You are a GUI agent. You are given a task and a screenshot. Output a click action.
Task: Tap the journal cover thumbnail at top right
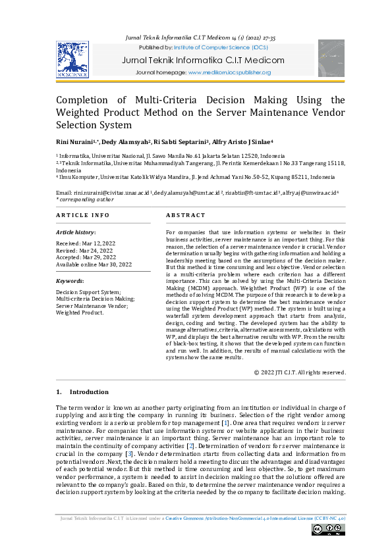tap(331, 59)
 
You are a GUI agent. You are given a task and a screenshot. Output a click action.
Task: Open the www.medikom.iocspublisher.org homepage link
tap(229, 72)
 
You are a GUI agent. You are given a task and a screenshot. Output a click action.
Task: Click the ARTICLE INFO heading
tap(83, 215)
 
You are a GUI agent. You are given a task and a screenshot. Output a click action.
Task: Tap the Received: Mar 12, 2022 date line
tap(85, 243)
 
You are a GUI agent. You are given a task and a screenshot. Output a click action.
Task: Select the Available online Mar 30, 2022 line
tap(94, 264)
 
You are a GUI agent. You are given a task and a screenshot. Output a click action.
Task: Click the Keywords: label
tap(72, 280)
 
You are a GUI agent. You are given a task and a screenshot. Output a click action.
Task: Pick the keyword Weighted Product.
tap(80, 313)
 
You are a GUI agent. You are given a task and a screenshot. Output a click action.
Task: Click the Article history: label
tap(76, 232)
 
